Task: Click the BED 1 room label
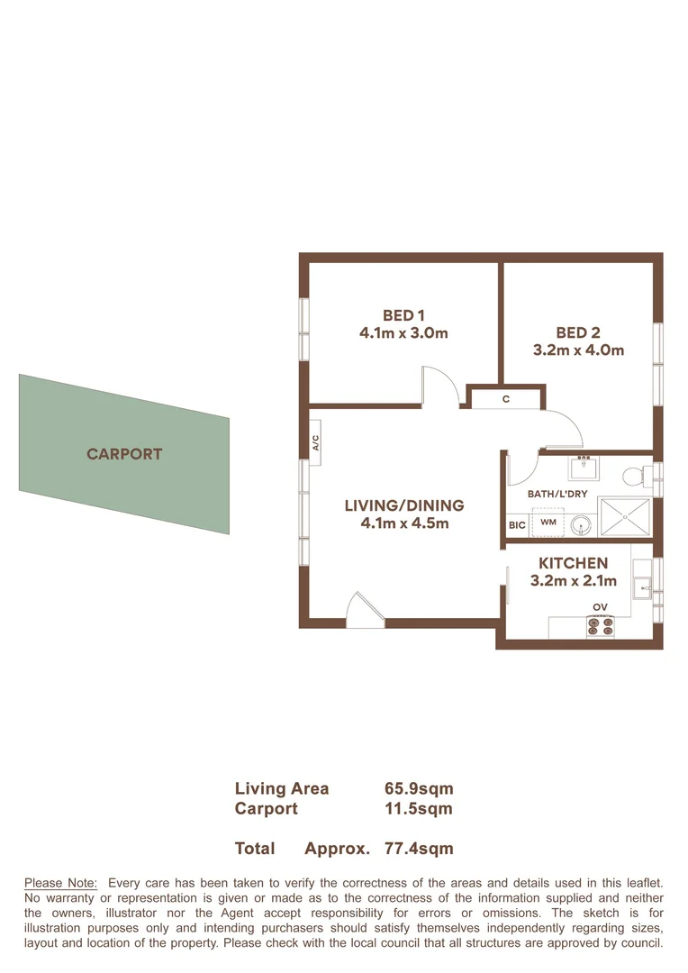point(403,315)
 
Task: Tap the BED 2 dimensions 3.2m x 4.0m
point(578,350)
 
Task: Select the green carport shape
point(124,454)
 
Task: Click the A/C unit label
point(315,442)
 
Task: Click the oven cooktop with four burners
point(600,624)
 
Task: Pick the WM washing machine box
point(548,522)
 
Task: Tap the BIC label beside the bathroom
point(517,524)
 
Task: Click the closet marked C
point(506,397)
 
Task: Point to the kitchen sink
point(642,590)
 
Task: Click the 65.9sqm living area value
point(418,788)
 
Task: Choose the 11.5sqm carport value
point(418,808)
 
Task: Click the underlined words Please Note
point(60,883)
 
